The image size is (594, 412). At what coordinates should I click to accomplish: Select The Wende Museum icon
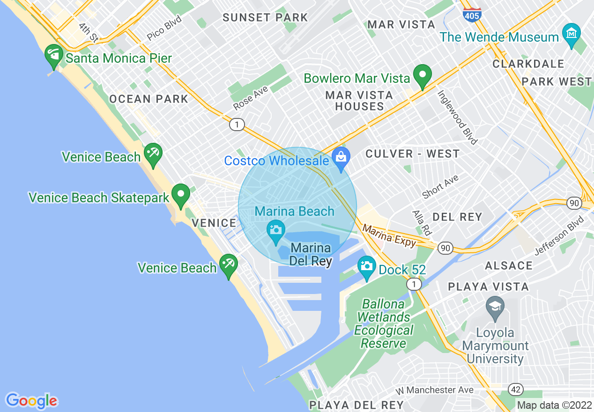click(x=572, y=35)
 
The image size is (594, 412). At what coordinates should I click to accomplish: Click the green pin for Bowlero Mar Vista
click(x=422, y=75)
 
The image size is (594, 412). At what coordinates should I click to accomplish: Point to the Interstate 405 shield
click(x=471, y=15)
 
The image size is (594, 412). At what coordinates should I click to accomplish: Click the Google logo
click(x=32, y=401)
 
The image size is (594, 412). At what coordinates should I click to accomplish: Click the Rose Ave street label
click(x=251, y=98)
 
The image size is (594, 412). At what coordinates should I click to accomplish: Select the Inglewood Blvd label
click(x=457, y=117)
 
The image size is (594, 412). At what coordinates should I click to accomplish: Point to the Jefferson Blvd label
click(x=559, y=235)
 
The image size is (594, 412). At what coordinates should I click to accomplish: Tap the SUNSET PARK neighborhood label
click(x=265, y=18)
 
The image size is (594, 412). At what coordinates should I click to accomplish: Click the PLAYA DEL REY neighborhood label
click(x=356, y=405)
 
